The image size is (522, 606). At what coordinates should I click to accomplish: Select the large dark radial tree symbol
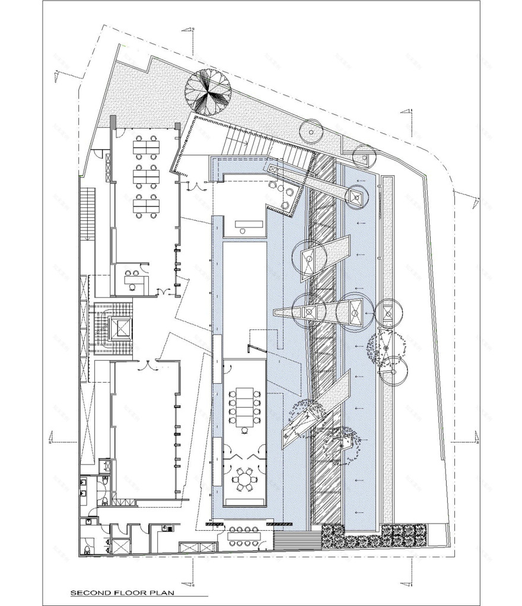(208, 90)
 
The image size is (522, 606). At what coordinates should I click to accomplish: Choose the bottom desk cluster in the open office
(145, 205)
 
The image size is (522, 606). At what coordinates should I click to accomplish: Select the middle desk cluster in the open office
(145, 175)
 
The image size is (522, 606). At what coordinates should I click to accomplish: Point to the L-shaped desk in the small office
(132, 278)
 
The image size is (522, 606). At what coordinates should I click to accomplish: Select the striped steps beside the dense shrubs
(297, 540)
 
